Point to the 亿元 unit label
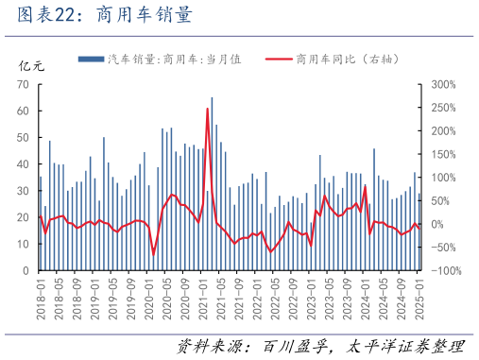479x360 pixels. pyautogui.click(x=32, y=66)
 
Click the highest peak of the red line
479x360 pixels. pyautogui.click(x=207, y=109)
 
